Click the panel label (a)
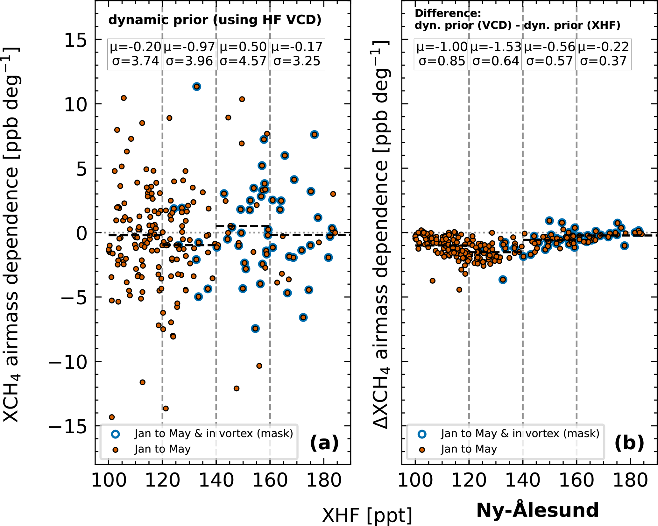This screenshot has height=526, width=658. pyautogui.click(x=324, y=443)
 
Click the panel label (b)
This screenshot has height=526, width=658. pyautogui.click(x=629, y=443)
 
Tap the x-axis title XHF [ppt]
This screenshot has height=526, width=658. pyautogui.click(x=367, y=515)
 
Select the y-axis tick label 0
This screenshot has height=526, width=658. pyautogui.click(x=81, y=233)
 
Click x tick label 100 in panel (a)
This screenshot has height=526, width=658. pyautogui.click(x=109, y=480)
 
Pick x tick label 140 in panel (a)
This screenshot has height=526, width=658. pyautogui.click(x=216, y=480)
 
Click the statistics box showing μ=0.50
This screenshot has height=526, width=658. pyautogui.click(x=243, y=54)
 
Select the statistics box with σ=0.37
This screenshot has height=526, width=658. pyautogui.click(x=603, y=54)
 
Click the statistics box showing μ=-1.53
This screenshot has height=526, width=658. pyautogui.click(x=496, y=54)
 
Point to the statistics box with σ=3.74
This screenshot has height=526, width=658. pyautogui.click(x=135, y=54)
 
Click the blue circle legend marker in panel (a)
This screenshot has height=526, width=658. pyautogui.click(x=116, y=434)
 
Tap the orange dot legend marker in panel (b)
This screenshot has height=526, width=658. pyautogui.click(x=422, y=450)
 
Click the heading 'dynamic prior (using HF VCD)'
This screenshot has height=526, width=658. pyautogui.click(x=215, y=20)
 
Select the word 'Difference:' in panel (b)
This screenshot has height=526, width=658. pyautogui.click(x=448, y=13)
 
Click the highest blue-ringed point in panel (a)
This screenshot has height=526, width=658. pyautogui.click(x=197, y=87)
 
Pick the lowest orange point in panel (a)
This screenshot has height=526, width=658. pyautogui.click(x=112, y=417)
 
